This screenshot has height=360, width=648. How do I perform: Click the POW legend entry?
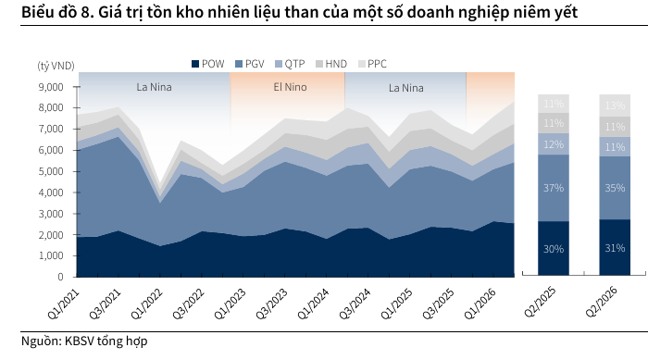click(x=208, y=64)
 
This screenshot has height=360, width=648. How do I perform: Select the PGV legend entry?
click(x=250, y=64)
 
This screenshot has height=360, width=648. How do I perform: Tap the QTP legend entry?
click(x=290, y=64)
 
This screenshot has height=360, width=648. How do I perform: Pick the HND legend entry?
click(x=331, y=64)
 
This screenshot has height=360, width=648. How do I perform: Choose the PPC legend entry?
click(x=372, y=64)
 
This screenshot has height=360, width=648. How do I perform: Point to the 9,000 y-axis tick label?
click(x=51, y=87)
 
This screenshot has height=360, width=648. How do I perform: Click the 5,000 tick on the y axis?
click(x=51, y=171)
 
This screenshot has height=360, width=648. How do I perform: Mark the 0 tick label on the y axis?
click(x=60, y=277)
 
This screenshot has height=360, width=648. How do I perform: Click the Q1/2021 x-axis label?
click(x=63, y=304)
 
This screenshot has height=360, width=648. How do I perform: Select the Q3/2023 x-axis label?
click(x=271, y=304)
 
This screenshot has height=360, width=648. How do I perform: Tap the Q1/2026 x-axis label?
click(x=480, y=304)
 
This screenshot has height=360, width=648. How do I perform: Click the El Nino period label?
click(x=290, y=87)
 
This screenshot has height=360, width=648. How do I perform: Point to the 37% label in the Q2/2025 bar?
click(x=554, y=188)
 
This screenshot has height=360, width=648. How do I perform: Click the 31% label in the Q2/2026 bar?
click(x=615, y=248)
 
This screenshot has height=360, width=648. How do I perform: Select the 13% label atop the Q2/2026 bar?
click(x=615, y=106)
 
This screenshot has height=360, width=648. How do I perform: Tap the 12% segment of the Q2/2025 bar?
click(x=554, y=144)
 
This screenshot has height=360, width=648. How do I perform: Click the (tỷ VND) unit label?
click(x=56, y=66)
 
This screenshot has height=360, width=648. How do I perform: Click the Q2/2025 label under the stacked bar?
click(x=540, y=302)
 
